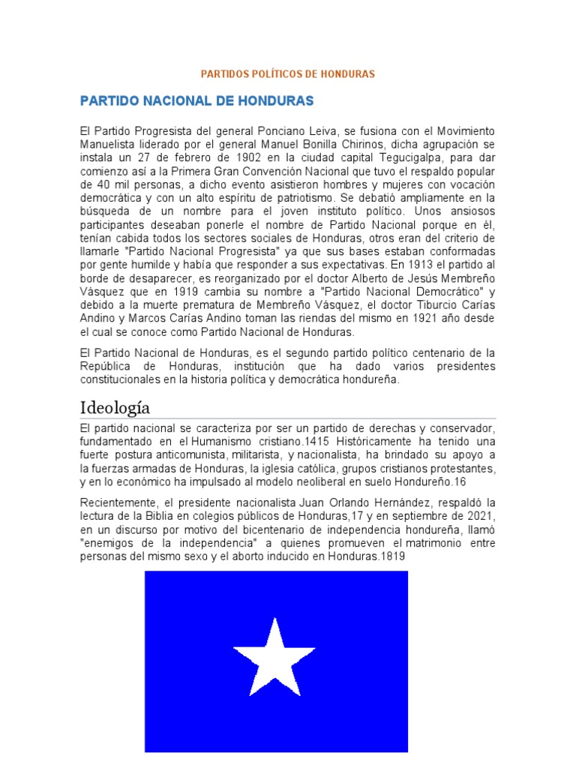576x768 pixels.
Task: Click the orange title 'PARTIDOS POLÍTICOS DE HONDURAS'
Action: [287, 74]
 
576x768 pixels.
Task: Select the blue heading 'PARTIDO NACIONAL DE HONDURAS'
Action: [196, 100]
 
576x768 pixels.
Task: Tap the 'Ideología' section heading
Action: [115, 407]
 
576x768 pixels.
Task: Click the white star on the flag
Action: [274, 657]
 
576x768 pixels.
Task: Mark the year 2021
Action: [478, 517]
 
